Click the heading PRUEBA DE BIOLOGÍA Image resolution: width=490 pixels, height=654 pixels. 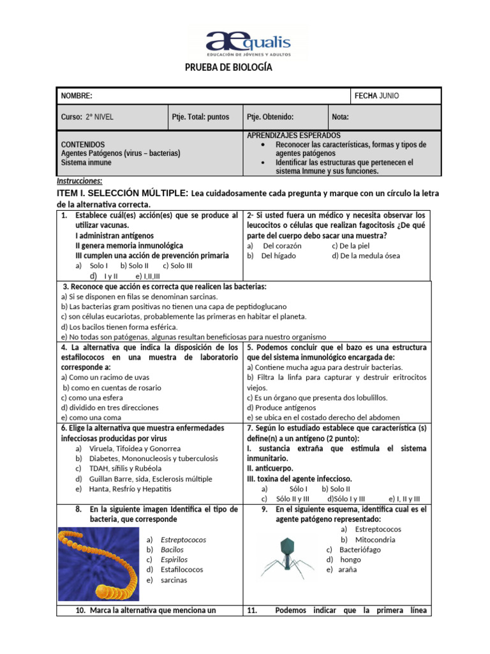(228, 68)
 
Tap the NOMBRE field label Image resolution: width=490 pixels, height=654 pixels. (77, 96)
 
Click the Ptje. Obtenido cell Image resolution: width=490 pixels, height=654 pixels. (270, 117)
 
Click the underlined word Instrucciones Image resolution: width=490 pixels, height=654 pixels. (79, 181)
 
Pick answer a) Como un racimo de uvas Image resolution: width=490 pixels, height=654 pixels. (100, 377)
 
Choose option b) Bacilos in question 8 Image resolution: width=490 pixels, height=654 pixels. (172, 549)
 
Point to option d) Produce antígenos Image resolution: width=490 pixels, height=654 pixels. (281, 407)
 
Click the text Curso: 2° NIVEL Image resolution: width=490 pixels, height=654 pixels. (87, 117)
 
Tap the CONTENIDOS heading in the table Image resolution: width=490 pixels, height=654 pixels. (83, 144)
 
